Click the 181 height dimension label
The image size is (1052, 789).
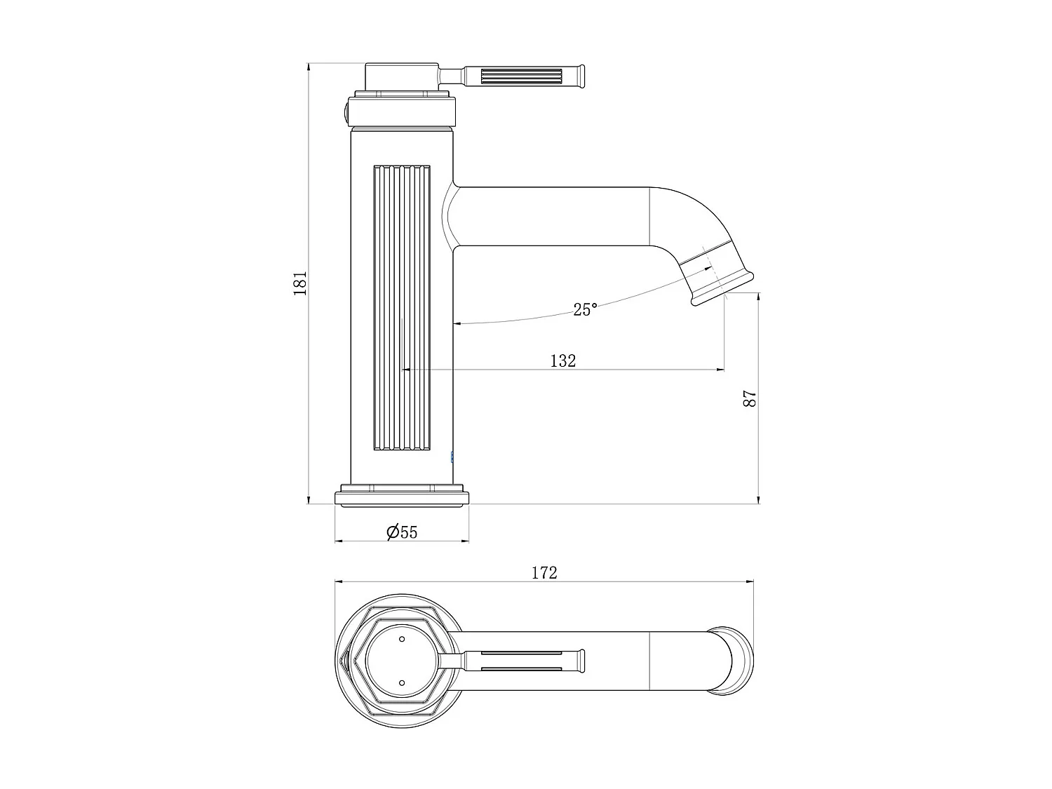point(300,283)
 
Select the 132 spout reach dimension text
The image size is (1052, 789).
point(562,360)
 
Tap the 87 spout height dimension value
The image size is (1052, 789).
point(750,399)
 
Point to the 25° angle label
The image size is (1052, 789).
point(585,309)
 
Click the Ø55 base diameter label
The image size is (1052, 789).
point(402,532)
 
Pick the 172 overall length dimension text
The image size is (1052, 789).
point(544,572)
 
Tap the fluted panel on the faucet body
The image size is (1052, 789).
point(402,309)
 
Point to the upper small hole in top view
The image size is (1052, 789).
point(402,639)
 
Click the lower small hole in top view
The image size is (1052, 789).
point(402,682)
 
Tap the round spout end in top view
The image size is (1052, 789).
point(735,661)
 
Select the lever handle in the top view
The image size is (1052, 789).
point(522,661)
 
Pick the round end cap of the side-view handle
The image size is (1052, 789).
point(581,76)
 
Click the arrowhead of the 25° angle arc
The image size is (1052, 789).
point(457,324)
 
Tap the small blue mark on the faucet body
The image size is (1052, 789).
point(452,457)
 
